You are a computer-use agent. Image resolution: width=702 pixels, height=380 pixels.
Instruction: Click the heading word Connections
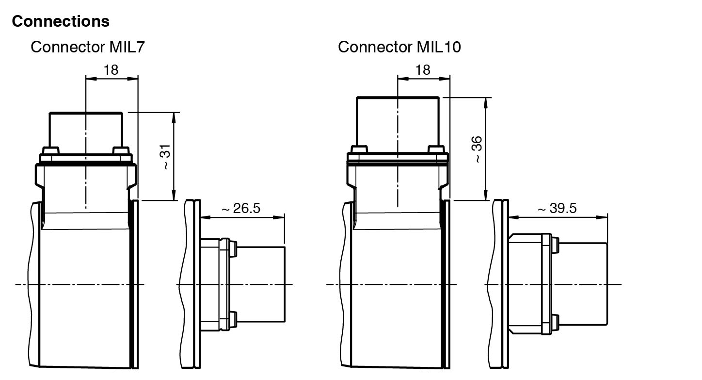[x=61, y=21]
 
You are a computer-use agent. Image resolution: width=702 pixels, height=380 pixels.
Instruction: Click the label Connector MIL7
[x=87, y=47]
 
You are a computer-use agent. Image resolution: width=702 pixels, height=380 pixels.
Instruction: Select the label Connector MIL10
[x=399, y=47]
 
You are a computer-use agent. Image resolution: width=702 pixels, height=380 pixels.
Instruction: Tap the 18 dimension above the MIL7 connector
[x=111, y=69]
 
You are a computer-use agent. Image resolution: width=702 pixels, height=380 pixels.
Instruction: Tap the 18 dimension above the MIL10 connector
[x=423, y=69]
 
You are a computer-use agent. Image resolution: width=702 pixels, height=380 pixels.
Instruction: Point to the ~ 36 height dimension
[x=477, y=149]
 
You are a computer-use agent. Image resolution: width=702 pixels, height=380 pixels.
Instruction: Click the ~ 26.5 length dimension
[x=241, y=208]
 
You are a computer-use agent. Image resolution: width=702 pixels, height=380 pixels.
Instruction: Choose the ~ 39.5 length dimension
[x=557, y=208]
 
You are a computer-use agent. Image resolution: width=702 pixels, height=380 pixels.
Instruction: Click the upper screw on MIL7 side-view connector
[x=234, y=249]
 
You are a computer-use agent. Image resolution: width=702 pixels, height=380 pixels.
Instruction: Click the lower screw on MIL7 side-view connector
[x=234, y=318]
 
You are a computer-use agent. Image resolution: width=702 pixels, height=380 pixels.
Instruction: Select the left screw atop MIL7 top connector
[x=50, y=150]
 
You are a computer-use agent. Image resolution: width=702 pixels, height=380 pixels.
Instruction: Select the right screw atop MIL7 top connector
[x=120, y=150]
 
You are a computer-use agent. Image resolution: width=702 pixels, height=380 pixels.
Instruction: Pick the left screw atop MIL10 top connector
[x=359, y=149]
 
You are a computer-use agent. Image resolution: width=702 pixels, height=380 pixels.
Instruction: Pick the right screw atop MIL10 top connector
[x=435, y=149]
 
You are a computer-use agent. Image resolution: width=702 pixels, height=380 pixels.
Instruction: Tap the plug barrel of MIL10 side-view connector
[x=584, y=284]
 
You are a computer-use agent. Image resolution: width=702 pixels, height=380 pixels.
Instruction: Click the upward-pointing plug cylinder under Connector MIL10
[x=398, y=121]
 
